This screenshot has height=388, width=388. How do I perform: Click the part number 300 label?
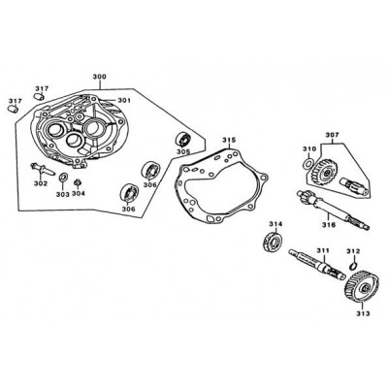[99, 77]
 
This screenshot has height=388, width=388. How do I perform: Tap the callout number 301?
[124, 101]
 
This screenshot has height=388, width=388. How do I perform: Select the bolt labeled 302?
[43, 169]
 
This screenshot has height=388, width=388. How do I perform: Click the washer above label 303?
[63, 178]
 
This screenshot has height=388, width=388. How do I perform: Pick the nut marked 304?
[78, 182]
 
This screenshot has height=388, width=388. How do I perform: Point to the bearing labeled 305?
[184, 140]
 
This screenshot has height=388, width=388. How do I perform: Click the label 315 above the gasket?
[229, 140]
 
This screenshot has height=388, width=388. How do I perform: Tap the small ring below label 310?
[308, 163]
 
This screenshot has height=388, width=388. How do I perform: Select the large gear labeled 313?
[359, 288]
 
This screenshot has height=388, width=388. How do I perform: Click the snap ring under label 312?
[354, 266]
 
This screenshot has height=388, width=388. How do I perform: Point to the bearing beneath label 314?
[273, 241]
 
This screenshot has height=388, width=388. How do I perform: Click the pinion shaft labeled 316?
[333, 210]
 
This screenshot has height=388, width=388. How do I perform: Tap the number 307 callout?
[332, 135]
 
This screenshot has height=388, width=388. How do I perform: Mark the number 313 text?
[363, 313]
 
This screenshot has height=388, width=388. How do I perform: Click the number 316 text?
[328, 224]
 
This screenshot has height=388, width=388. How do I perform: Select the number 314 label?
[275, 224]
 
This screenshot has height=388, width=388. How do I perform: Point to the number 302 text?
[41, 183]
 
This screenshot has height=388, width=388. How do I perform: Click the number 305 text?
[183, 151]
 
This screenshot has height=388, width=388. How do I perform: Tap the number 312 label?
[353, 251]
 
